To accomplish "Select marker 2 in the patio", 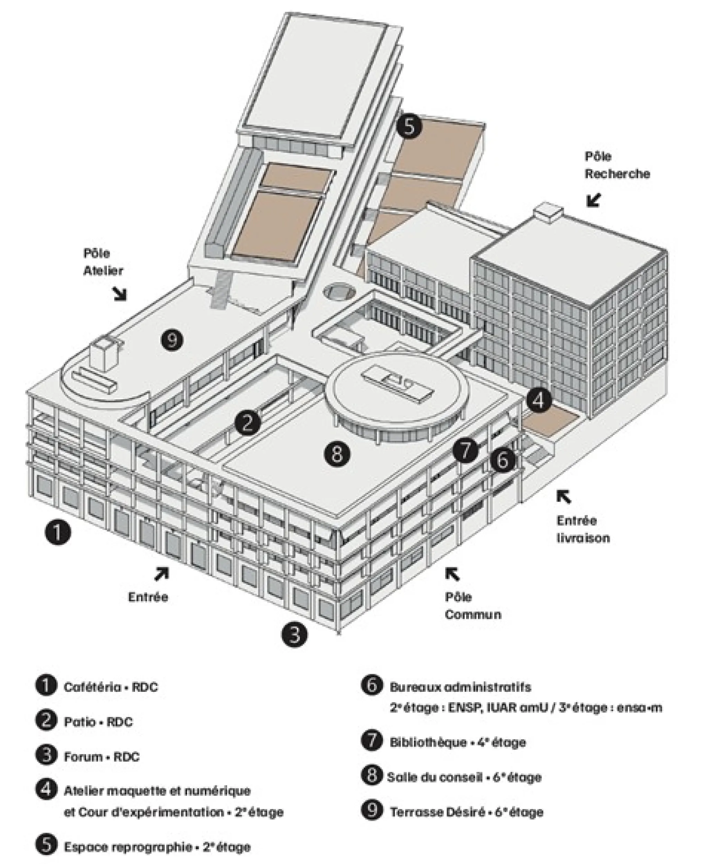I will [248, 422].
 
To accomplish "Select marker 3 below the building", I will [294, 634].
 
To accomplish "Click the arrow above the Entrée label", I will [161, 574].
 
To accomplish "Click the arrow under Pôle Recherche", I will [595, 200].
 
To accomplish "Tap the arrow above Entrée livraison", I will [564, 497].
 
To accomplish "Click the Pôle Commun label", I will [472, 605].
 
